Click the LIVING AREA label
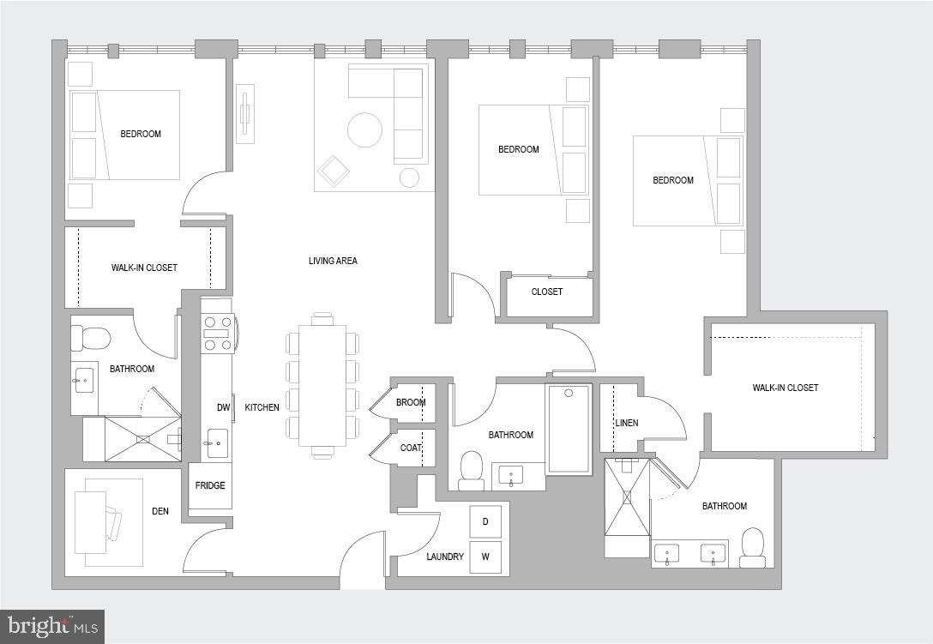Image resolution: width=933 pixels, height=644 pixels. click(333, 261)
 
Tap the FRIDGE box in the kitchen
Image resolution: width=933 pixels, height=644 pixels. click(210, 486)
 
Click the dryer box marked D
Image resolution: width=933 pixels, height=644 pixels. click(485, 521)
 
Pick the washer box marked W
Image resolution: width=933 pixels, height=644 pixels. click(485, 557)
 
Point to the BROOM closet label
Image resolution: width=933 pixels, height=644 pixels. click(411, 402)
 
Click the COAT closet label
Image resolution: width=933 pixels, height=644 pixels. click(411, 447)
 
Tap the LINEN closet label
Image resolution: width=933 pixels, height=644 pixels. click(626, 423)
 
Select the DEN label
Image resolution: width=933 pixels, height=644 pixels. click(160, 512)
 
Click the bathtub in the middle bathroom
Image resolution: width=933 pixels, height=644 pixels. click(568, 429)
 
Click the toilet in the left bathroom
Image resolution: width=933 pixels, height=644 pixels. click(92, 338)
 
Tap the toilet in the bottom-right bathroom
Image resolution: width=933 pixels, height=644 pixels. click(752, 546)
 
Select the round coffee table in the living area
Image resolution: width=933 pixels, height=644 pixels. click(364, 130)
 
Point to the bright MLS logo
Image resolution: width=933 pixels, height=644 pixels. click(51, 626)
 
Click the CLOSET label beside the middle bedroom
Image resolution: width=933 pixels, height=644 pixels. click(547, 292)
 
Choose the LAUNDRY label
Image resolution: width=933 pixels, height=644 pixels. click(445, 557)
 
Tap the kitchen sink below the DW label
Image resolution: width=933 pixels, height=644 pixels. click(217, 442)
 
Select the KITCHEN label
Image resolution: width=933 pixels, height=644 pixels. click(262, 407)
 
